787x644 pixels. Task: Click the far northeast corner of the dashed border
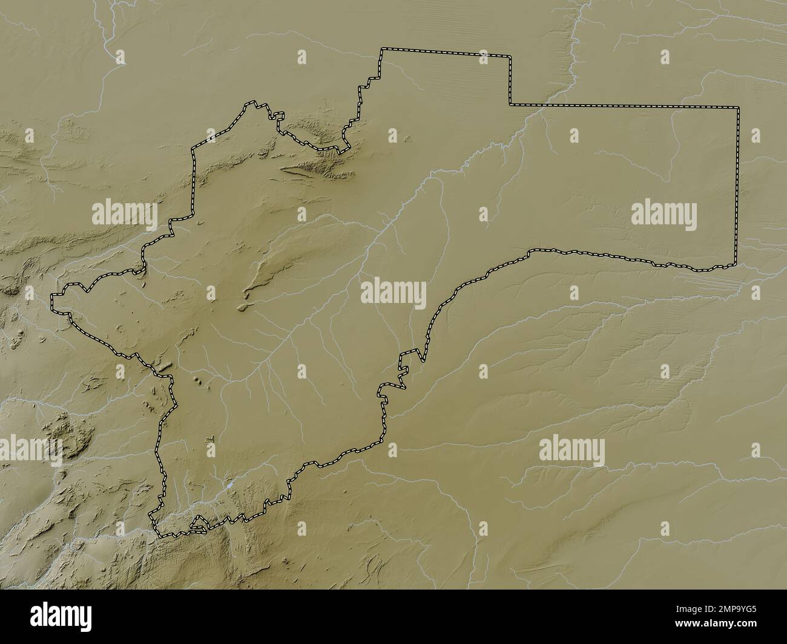(x=739, y=107)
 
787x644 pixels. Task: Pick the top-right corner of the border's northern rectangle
(x=510, y=56)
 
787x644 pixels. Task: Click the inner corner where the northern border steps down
(x=510, y=105)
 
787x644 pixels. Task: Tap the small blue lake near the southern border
(x=229, y=485)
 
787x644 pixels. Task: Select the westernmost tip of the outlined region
(x=52, y=296)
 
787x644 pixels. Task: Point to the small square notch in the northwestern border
(x=278, y=115)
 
